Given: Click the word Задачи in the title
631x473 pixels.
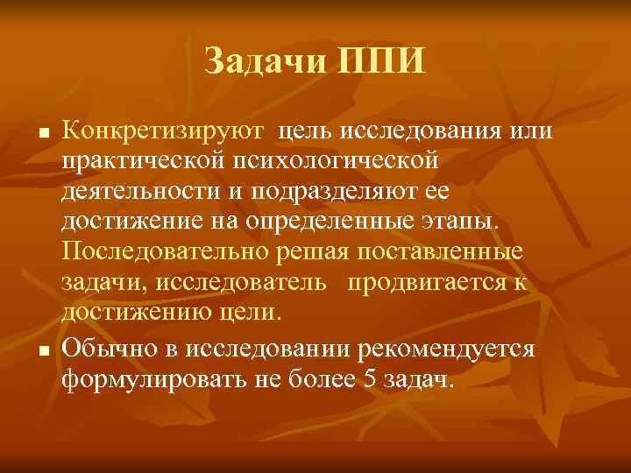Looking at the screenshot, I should (x=259, y=62).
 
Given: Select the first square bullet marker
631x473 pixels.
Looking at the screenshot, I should (x=41, y=135).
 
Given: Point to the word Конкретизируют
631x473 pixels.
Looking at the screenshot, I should (x=165, y=132).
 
